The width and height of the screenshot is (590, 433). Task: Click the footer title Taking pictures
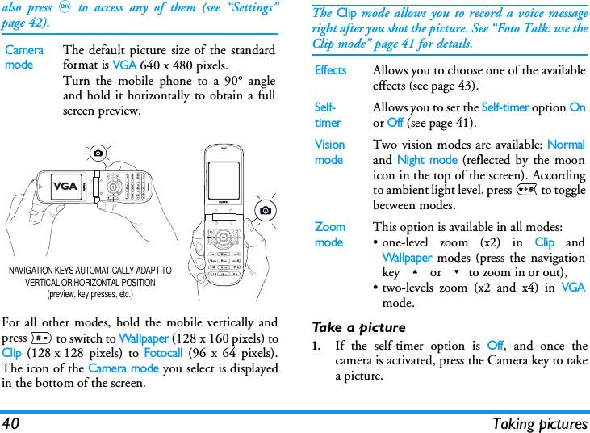540,423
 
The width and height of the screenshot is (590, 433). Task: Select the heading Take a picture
358,327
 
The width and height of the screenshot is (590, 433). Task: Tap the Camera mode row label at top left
25,57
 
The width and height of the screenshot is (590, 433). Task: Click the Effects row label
330,70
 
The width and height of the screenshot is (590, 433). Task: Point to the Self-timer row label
328,115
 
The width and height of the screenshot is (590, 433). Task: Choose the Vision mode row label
329,152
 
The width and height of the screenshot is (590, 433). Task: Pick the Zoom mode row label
329,234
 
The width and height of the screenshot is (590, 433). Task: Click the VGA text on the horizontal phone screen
65,187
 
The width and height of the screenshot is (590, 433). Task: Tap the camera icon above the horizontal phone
98,153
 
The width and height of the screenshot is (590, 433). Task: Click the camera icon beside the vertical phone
266,210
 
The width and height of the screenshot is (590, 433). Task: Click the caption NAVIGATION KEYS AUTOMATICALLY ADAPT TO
90,271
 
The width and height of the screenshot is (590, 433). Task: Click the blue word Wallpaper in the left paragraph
143,338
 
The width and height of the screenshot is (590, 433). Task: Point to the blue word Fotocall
163,353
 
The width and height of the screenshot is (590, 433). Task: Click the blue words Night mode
427,160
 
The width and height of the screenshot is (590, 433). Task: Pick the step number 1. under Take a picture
317,347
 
